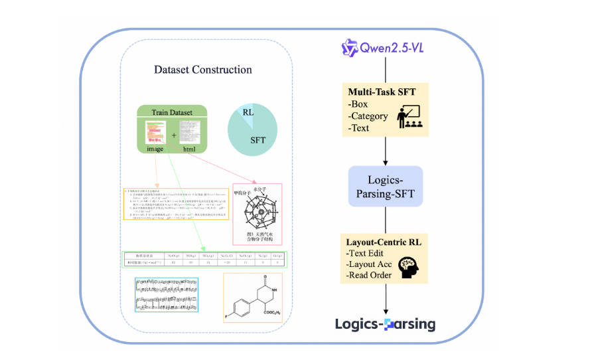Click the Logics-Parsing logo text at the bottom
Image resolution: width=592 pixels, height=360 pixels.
386,324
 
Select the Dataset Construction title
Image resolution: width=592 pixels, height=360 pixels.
202,70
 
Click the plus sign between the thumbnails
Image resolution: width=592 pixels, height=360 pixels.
174,135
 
